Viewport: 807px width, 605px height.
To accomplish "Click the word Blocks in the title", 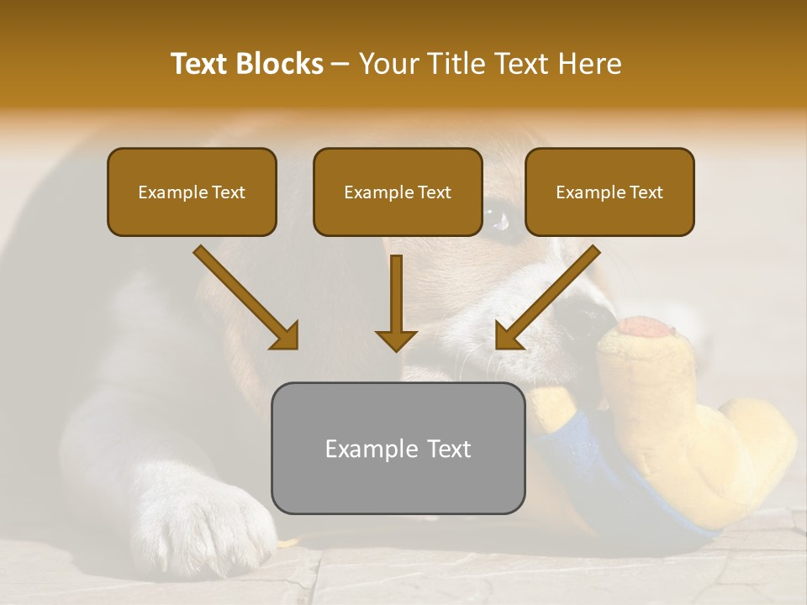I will [x=280, y=64].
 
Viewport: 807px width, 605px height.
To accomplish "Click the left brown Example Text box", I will [x=192, y=192].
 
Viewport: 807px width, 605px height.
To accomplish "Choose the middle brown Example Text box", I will [x=398, y=192].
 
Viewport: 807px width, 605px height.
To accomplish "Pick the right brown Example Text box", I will [x=609, y=192].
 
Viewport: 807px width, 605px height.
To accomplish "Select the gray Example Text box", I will [x=398, y=448].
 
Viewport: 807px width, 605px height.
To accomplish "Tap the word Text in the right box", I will [x=646, y=192].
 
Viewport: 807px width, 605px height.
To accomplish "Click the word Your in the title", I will [x=388, y=64].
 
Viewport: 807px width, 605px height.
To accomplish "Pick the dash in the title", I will [x=340, y=64].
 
